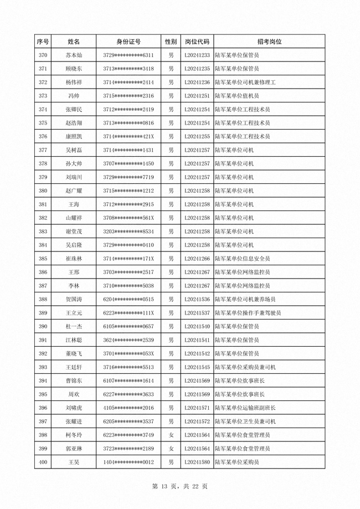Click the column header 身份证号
(128, 42)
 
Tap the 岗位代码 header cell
(197, 42)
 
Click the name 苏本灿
(74, 55)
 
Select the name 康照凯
(74, 136)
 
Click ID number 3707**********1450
(128, 163)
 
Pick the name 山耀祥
(74, 218)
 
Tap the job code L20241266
(197, 259)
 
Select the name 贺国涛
(74, 299)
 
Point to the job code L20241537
(197, 313)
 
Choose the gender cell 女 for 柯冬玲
(171, 435)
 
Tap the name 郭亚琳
(74, 448)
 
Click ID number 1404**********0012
(128, 462)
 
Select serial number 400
(43, 462)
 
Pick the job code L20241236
(197, 83)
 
